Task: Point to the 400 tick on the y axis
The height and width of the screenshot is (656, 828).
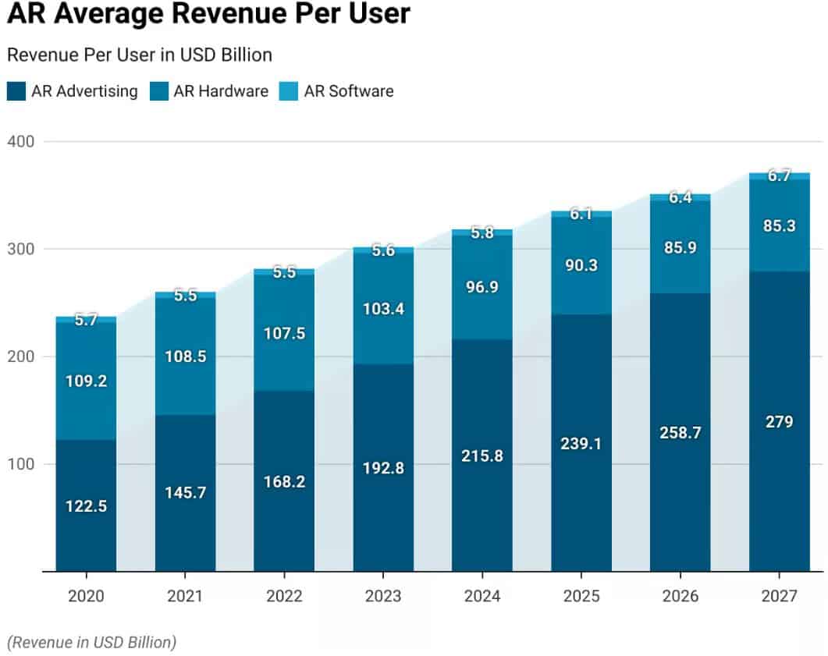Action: coord(21,141)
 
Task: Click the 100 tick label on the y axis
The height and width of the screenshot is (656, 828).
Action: coord(21,464)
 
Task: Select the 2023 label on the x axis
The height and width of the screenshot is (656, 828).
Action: coord(383,597)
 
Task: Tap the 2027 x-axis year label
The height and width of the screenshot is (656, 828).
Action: coord(779,597)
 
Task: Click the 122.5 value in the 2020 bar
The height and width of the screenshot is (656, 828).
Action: coord(86,506)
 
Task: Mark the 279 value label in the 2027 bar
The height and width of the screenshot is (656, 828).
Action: coord(779,422)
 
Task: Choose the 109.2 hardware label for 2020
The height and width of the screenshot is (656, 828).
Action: coord(86,381)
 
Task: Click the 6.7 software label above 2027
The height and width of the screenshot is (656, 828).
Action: coord(779,176)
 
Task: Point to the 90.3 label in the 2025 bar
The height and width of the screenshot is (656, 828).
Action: coord(581,265)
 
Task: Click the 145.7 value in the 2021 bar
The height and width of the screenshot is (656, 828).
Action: coord(185,493)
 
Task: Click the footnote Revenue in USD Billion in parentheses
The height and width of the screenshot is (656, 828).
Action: coord(91,642)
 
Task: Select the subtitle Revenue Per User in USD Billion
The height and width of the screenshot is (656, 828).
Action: coord(139,55)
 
